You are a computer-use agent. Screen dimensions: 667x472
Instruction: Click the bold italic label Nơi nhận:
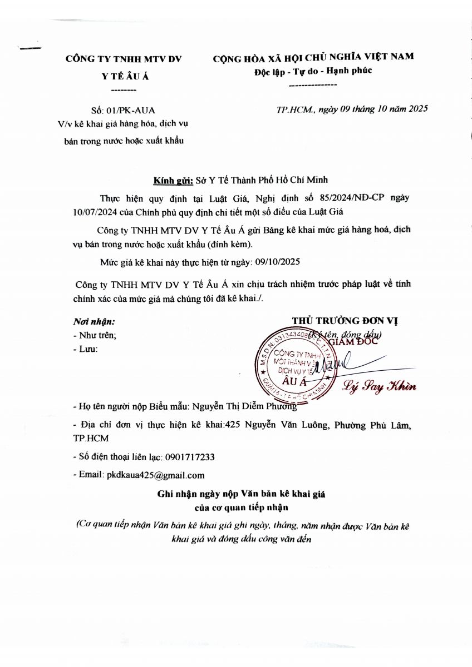(94, 321)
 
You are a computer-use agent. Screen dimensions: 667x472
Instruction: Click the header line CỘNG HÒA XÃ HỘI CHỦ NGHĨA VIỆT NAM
(313, 56)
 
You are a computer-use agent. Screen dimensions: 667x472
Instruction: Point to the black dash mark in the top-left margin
(30, 49)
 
